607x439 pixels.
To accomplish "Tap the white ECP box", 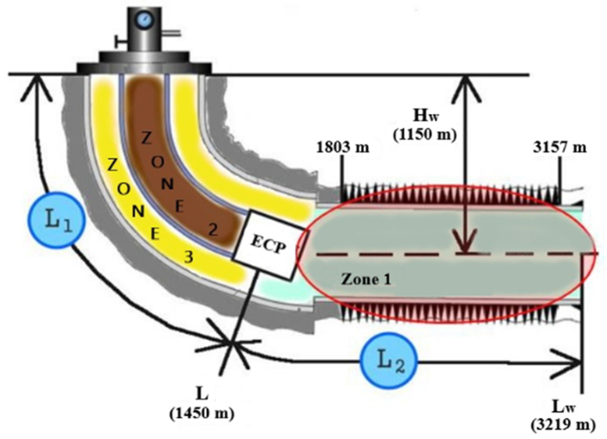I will click(x=269, y=246).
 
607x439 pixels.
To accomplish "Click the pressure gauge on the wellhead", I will click(x=144, y=19).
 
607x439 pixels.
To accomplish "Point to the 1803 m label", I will click(x=342, y=147).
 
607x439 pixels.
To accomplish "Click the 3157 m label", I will click(x=560, y=147).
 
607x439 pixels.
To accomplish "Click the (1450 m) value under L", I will click(x=202, y=413).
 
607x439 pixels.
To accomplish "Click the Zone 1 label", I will click(x=366, y=279).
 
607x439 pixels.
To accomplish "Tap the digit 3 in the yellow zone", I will click(x=188, y=257).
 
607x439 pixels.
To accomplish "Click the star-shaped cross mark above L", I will click(x=231, y=343).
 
